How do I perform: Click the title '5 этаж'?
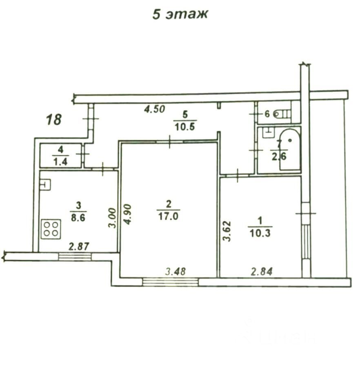[180, 14]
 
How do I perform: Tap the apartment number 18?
[53, 120]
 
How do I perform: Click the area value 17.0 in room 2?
[168, 217]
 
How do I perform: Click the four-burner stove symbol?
[51, 228]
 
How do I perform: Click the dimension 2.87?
[78, 246]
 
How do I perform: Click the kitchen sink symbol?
[44, 185]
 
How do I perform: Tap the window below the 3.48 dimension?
[171, 281]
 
